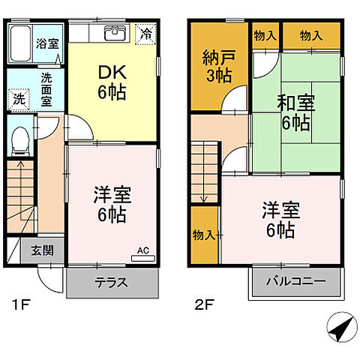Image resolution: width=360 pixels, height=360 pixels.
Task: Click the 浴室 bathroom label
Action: point(47,43)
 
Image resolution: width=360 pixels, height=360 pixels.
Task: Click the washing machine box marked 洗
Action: point(17,98)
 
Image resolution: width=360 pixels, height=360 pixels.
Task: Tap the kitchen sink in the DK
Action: point(115,33)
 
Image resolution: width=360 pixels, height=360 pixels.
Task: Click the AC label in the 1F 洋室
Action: point(142,251)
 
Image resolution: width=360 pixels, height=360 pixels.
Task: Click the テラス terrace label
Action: point(112,283)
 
